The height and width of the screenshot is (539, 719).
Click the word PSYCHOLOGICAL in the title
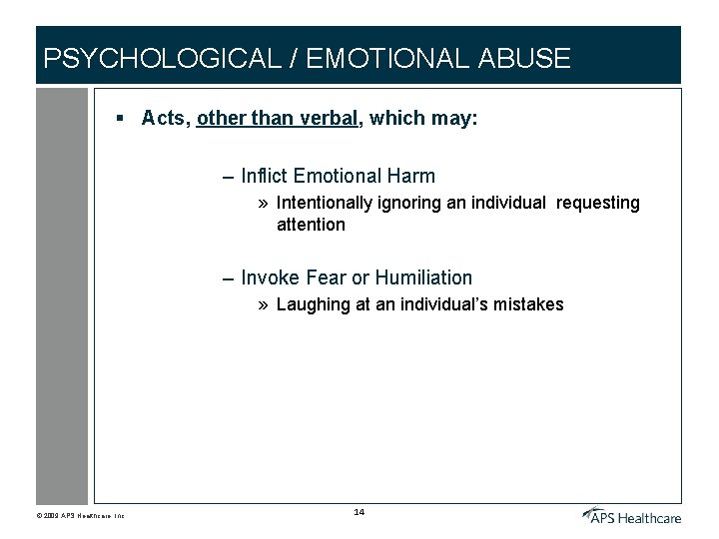[162, 58]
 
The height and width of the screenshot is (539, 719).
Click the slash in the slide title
[294, 58]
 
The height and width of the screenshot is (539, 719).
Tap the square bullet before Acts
[119, 119]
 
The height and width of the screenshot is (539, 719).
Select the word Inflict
[264, 177]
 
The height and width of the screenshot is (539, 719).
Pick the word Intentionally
[323, 204]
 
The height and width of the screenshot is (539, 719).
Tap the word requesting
[598, 204]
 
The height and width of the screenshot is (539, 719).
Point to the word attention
[311, 225]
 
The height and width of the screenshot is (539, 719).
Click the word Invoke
[267, 277]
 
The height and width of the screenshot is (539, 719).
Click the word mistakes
[528, 304]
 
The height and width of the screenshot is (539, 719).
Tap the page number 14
[359, 512]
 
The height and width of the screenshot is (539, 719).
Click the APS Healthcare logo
[632, 515]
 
